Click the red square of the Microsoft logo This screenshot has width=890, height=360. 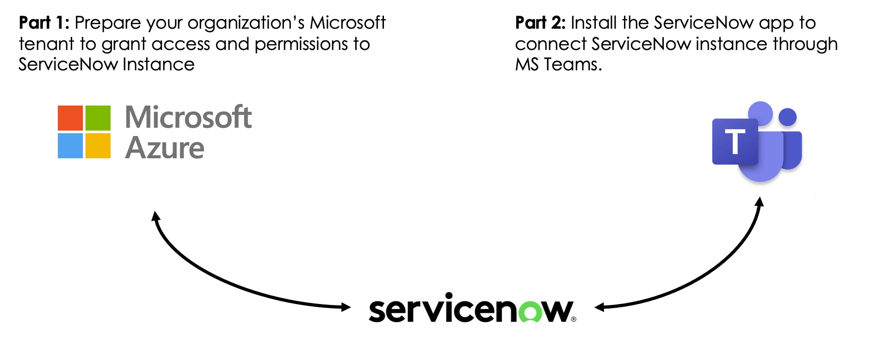pyautogui.click(x=70, y=118)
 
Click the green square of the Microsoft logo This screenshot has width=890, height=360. pyautogui.click(x=98, y=118)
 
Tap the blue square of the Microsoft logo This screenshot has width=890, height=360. pyautogui.click(x=70, y=146)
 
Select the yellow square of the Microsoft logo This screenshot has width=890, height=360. pyautogui.click(x=98, y=146)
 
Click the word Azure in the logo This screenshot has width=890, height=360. pyautogui.click(x=164, y=148)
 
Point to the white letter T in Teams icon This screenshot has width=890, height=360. pyautogui.click(x=735, y=142)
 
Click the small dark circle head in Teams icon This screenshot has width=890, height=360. pyautogui.click(x=787, y=117)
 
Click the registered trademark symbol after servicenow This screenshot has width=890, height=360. pyautogui.click(x=574, y=319)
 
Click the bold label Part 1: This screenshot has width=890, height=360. pyautogui.click(x=44, y=23)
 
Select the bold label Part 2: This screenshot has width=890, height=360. pyautogui.click(x=540, y=23)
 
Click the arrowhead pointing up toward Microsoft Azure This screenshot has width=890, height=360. pyautogui.click(x=156, y=216)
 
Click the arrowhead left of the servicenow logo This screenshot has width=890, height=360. pyautogui.click(x=346, y=307)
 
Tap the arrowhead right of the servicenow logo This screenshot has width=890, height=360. pyautogui.click(x=600, y=307)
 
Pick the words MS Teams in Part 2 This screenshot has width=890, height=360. pyautogui.click(x=558, y=64)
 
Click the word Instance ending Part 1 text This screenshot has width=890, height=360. pyautogui.click(x=159, y=64)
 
